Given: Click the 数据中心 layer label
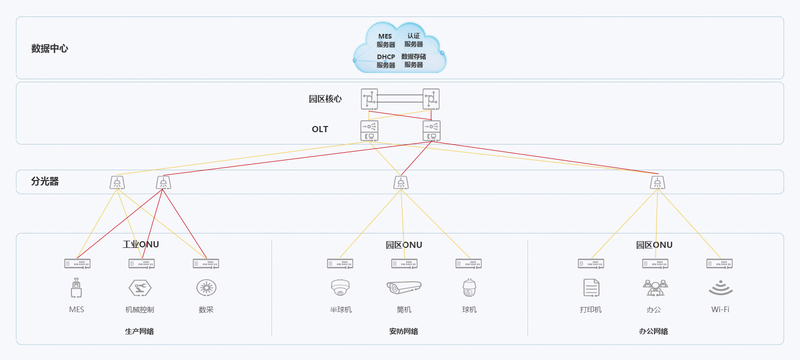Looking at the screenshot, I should pos(49,49).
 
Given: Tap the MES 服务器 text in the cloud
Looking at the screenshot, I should pos(385,41).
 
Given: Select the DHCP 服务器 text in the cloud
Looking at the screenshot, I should pos(386,61).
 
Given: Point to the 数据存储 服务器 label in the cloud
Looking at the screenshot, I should pos(413,61).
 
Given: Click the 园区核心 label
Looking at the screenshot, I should pos(325,99).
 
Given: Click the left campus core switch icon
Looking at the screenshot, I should pos(369,99).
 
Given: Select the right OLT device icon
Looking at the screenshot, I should pos(431,131).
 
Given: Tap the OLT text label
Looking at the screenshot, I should pos(320,129).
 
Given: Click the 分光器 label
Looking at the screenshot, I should pos(45,182).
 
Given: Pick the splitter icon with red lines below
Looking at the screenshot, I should pos(163,183).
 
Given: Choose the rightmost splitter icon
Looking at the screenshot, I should pos(657,183).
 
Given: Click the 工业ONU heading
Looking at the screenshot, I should pos(141,244).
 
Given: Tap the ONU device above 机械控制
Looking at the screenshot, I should pos(141,263).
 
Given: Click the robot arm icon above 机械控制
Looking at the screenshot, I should pos(140,288).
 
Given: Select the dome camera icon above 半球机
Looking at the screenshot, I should pos(340,288).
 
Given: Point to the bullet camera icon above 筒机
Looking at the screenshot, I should pos(404,287).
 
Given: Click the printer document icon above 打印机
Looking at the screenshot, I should pos(591,287).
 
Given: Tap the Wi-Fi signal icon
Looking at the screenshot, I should pos(720,288).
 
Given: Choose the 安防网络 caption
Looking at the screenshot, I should pos(404,331).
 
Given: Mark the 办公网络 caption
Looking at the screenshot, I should pos(653,331).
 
